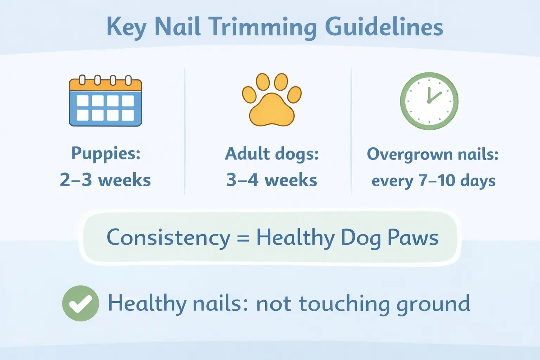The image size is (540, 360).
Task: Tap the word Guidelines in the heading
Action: pyautogui.click(x=384, y=27)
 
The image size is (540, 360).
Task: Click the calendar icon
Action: pyautogui.click(x=105, y=101)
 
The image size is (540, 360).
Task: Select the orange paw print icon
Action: pyautogui.click(x=272, y=100)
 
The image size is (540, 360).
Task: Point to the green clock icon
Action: pyautogui.click(x=429, y=101)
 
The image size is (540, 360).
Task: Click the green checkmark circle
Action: pyautogui.click(x=81, y=303)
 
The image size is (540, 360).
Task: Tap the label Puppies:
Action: pyautogui.click(x=106, y=153)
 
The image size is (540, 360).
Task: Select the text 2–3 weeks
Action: pyautogui.click(x=105, y=180)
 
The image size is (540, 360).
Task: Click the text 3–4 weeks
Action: pyautogui.click(x=272, y=180)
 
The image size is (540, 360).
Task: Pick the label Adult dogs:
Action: pyautogui.click(x=272, y=154)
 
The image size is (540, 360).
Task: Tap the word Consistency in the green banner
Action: pyautogui.click(x=168, y=238)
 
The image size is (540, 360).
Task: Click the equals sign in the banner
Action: pyautogui.click(x=243, y=238)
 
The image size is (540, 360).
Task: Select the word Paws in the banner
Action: pyautogui.click(x=413, y=238)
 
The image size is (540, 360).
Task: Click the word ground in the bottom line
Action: pyautogui.click(x=433, y=304)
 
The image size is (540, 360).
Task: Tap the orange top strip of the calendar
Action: pyautogui.click(x=105, y=85)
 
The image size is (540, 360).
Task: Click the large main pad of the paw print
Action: pyautogui.click(x=272, y=110)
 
